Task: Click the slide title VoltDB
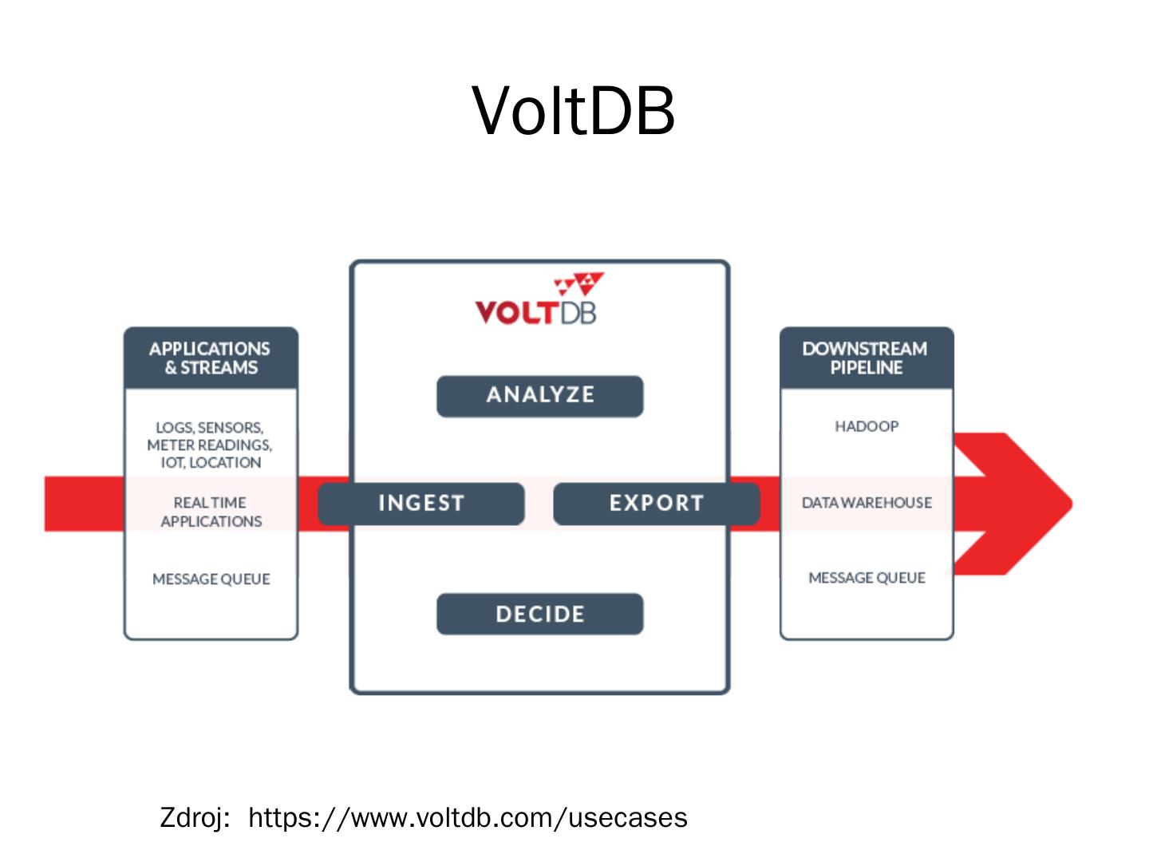574,111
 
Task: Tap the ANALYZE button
539,396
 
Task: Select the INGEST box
421,504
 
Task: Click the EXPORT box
656,504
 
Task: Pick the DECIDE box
539,614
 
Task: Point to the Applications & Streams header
211,358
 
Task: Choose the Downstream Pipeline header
866,358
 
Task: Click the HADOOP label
867,426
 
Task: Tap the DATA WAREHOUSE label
867,503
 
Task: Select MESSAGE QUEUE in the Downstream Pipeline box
867,578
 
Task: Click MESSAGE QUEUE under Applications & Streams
211,579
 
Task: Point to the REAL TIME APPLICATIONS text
211,512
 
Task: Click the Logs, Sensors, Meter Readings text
210,445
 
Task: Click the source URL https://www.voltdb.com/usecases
468,818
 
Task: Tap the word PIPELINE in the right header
866,368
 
